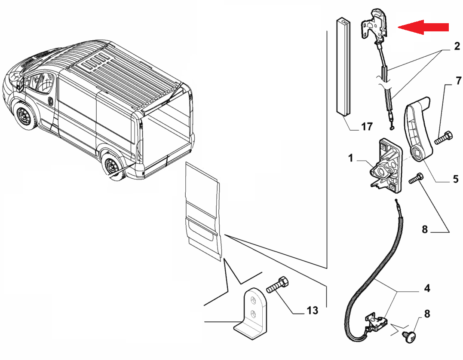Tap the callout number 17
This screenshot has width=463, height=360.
click(x=366, y=127)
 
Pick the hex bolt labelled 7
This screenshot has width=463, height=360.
click(x=443, y=138)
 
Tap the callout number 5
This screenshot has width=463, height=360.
click(x=455, y=179)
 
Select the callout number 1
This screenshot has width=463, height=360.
click(x=350, y=159)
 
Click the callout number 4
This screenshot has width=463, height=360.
click(x=426, y=288)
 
